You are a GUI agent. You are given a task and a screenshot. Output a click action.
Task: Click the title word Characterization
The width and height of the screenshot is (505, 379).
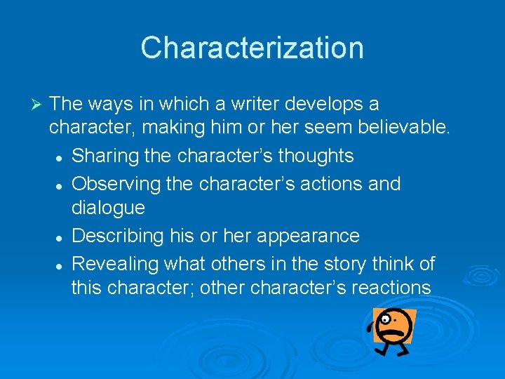(x=252, y=48)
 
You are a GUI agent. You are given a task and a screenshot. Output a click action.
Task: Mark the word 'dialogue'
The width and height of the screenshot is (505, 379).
(x=108, y=208)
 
